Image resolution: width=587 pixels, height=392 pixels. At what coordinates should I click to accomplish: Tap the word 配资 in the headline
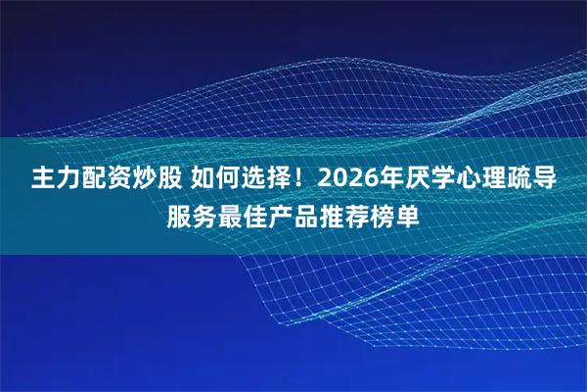point(107,180)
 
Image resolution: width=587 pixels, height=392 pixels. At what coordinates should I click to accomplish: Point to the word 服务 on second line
point(191,215)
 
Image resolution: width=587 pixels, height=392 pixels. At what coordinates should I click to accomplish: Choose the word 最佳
point(243,215)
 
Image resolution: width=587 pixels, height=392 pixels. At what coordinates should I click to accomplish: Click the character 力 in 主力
point(69,180)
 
